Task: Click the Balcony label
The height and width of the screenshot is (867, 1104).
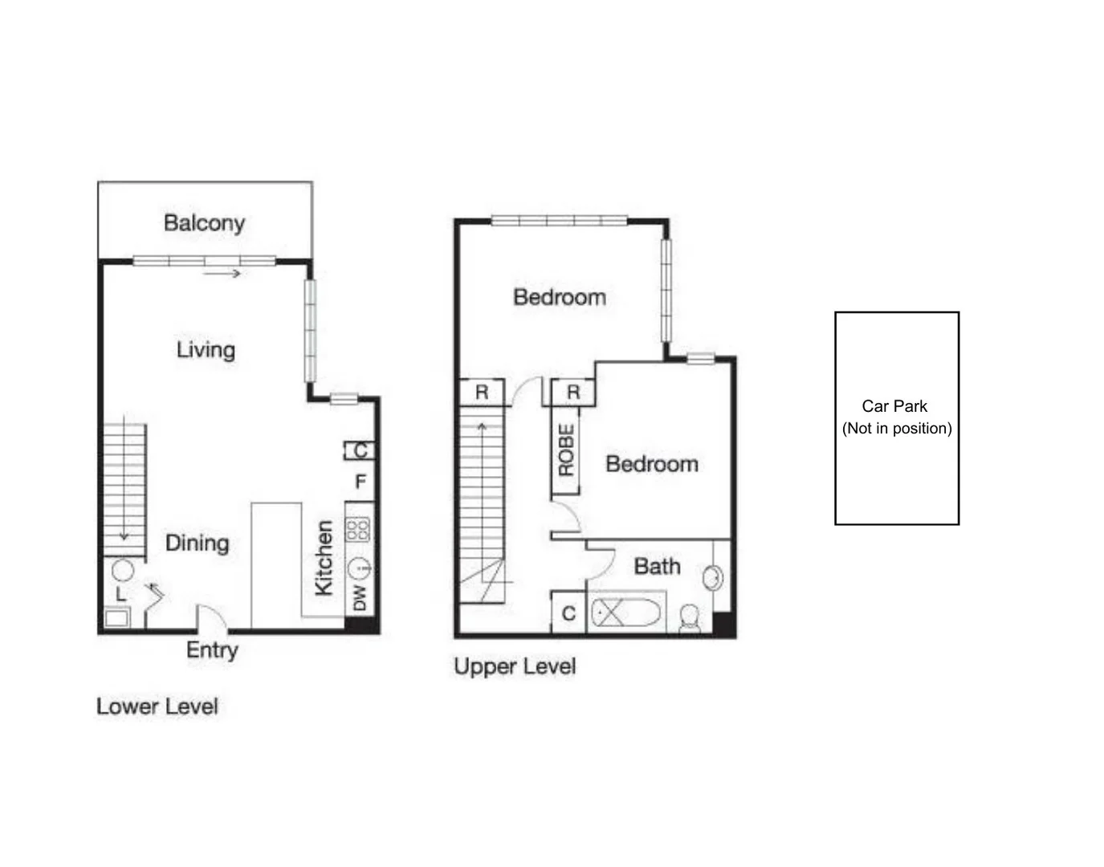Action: coord(204,223)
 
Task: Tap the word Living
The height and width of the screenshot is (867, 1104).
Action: coord(206,351)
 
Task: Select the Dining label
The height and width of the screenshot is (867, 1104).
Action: coord(198,543)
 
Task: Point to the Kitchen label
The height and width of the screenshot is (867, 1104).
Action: coord(324,557)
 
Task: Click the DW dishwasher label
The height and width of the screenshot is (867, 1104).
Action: coord(359,598)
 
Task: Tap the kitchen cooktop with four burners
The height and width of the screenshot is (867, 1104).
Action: coord(357,529)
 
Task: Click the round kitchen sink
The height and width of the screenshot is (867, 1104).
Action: coord(359,569)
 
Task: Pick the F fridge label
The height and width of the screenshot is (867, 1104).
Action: coord(361,481)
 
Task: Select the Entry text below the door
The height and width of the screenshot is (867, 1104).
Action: coord(212,650)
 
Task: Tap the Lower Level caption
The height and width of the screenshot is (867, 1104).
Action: coord(157,706)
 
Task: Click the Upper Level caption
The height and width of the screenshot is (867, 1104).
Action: coord(515,666)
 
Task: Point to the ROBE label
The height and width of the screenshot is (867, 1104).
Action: coord(566,450)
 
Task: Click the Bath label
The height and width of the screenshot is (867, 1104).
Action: coord(657,566)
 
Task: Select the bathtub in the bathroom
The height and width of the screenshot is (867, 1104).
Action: coord(626,612)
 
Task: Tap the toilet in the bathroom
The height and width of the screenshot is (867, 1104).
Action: coord(690,618)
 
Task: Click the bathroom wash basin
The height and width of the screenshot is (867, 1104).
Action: coord(712,578)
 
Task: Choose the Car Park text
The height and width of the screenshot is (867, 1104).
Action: coord(894,406)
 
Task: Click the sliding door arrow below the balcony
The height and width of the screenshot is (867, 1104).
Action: coord(222,274)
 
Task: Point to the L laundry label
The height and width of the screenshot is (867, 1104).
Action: coord(121,594)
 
